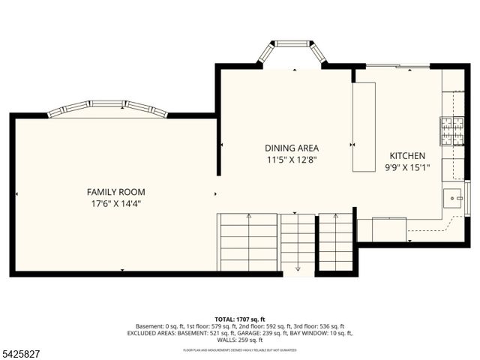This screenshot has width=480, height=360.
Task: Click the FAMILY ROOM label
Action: pyautogui.click(x=115, y=192)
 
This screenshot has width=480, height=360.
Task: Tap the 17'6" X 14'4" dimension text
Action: pyautogui.click(x=115, y=203)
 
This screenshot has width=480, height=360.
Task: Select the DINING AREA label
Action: pyautogui.click(x=292, y=148)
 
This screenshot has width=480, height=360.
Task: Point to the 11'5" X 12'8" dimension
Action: pyautogui.click(x=292, y=160)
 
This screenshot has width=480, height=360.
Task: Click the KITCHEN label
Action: pyautogui.click(x=406, y=155)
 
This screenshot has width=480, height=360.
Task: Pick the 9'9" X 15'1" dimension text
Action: pyautogui.click(x=406, y=167)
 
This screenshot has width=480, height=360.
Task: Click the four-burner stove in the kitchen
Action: pyautogui.click(x=451, y=130)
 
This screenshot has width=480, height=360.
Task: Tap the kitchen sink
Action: pyautogui.click(x=453, y=198)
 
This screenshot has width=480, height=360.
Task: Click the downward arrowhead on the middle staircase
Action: pyautogui.click(x=298, y=268)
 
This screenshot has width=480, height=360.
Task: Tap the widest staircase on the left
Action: pyautogui.click(x=247, y=241)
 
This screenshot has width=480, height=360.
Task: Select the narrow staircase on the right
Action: pyautogui.click(x=335, y=241)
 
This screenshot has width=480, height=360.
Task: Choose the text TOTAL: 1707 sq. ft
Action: pyautogui.click(x=240, y=319)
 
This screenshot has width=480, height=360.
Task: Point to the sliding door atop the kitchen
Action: pyautogui.click(x=397, y=67)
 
